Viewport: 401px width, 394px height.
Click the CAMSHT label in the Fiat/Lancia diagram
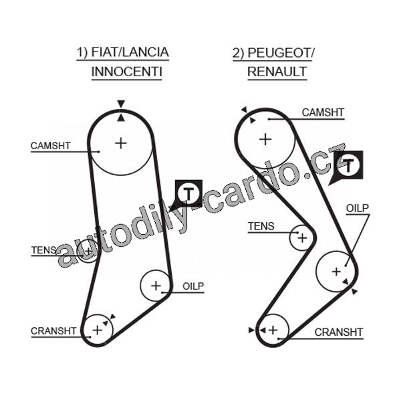tap(51, 146)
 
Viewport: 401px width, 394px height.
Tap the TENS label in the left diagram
tap(44, 251)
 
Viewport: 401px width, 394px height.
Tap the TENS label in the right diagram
tap(261, 227)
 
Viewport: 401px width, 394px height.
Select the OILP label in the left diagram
tap(192, 286)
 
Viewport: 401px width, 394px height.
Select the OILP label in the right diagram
tap(358, 209)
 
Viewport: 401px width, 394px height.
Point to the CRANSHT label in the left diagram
tap(53, 331)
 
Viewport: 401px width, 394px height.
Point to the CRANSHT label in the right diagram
tap(338, 332)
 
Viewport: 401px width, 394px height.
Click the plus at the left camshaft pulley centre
tap(120, 142)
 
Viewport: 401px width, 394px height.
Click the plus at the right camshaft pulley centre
tap(265, 139)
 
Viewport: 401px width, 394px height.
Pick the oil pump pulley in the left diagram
tap(156, 286)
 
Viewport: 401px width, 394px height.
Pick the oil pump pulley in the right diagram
tap(336, 271)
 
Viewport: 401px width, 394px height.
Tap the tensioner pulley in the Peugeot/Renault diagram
tap(302, 237)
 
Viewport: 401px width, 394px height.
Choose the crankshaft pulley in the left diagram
tap(98, 328)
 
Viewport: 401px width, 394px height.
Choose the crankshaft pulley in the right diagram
tap(273, 329)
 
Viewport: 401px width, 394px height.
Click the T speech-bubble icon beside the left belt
tap(189, 194)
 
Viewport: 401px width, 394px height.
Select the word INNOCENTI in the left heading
tap(126, 71)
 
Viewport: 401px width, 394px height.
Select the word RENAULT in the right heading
tap(277, 71)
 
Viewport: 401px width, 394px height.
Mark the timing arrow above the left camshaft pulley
tap(120, 104)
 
